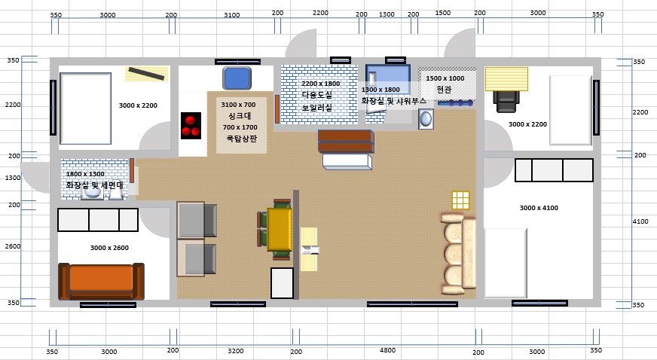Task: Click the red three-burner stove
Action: coord(191,126)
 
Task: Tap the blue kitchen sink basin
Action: coord(237,78)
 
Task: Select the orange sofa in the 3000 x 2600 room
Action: coord(101,281)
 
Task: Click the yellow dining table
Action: coord(280,230)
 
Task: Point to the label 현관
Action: coord(444,89)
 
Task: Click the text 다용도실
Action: coord(316,95)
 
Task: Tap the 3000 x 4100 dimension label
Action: coord(539,208)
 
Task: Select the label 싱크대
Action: coord(240,116)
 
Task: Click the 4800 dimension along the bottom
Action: coord(387,350)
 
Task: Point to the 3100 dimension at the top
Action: coord(232,15)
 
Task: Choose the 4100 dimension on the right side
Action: coord(640,221)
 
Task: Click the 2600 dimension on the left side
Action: coord(13,246)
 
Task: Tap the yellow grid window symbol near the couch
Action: coord(460,200)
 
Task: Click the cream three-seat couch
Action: coord(458,254)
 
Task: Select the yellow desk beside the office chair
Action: coord(506,78)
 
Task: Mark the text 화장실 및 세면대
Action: coord(95,185)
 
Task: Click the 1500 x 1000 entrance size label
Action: coord(445,78)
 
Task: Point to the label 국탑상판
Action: coord(241,138)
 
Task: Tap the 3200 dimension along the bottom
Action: coord(236,351)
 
